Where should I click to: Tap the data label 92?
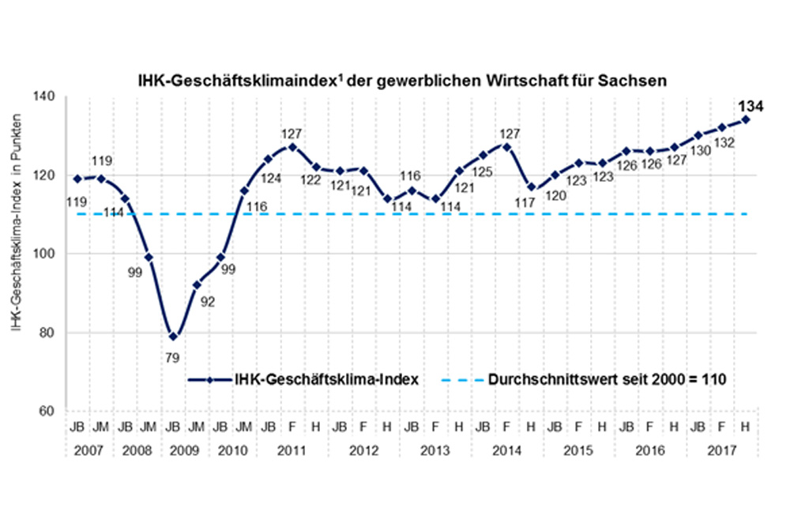(210, 301)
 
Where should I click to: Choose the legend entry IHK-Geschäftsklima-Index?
(326, 379)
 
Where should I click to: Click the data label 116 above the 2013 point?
(409, 175)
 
